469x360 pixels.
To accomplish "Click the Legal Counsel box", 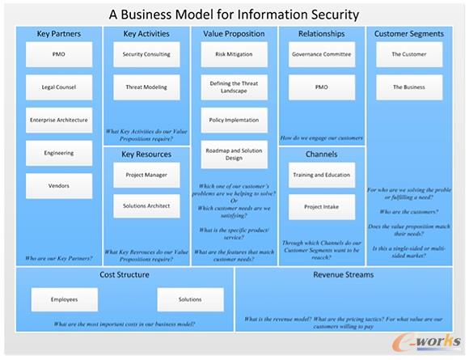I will coord(58,87).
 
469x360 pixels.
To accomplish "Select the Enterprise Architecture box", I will coord(58,120).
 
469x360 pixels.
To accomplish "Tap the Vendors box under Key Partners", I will coord(58,185).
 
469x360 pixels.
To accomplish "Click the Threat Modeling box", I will coord(146,87).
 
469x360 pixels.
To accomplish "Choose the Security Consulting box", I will coord(146,54).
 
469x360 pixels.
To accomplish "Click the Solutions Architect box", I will coord(146,205).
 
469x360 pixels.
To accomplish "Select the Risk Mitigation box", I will coord(233,54).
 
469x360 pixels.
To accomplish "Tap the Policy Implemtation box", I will coord(233,120).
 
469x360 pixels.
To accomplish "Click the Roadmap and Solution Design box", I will coord(233,154).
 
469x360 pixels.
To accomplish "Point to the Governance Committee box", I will coord(321,54).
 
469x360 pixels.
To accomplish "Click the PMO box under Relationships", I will coord(321,87).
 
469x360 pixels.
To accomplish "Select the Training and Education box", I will coord(321,174).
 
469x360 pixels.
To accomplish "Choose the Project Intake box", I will coord(321,206).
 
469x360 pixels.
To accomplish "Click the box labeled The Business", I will coord(409,87).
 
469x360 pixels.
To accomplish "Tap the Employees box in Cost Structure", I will coord(64,299).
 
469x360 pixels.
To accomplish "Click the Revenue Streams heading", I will coord(343,275).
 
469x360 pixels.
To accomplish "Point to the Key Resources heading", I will coord(146,153).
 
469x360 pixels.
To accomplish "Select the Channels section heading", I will coord(321,154).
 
